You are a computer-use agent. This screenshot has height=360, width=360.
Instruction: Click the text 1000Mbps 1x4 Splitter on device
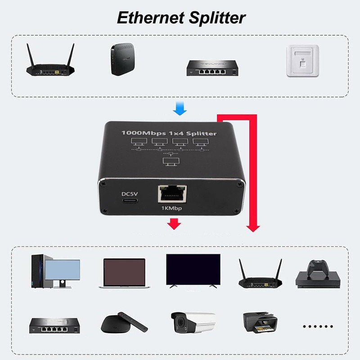pos(169,133)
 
